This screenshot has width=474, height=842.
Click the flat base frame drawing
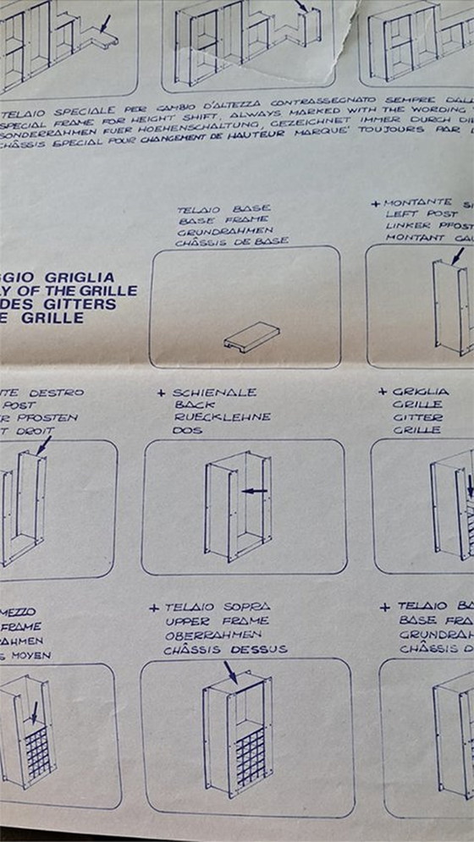[x=251, y=338]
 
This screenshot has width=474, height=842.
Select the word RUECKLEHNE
[x=221, y=416]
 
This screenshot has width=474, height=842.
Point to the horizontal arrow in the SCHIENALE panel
[x=254, y=490]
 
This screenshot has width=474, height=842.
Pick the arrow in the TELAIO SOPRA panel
[x=230, y=672]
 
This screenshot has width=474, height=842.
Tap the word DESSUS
[x=259, y=649]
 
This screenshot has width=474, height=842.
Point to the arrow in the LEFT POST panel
[x=458, y=255]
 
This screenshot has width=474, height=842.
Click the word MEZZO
[x=17, y=611]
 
